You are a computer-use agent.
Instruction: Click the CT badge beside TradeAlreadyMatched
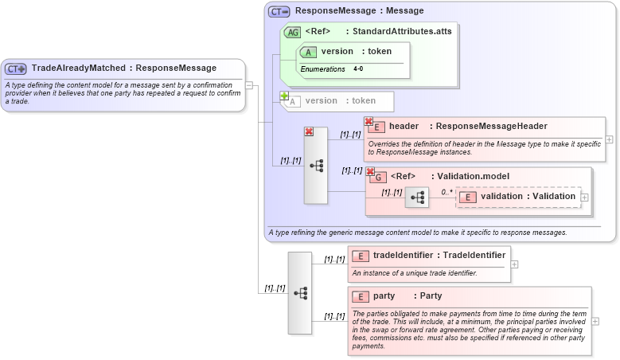(16, 68)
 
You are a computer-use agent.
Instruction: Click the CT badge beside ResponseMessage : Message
(279, 11)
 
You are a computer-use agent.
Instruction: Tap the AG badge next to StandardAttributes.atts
(292, 32)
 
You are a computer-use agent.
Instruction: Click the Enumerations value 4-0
(358, 69)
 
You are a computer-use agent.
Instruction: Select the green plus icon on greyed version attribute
(284, 96)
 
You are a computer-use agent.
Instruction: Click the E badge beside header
(376, 127)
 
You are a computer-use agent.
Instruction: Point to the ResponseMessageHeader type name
(491, 127)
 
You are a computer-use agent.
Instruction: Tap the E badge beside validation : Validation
(468, 197)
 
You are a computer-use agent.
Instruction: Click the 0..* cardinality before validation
(448, 192)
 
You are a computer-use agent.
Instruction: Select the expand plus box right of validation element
(585, 197)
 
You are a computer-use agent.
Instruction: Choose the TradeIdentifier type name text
(474, 256)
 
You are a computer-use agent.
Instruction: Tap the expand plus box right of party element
(596, 321)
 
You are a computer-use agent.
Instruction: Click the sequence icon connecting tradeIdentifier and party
(300, 292)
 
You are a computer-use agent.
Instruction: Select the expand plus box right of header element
(609, 139)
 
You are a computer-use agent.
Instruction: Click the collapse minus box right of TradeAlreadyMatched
(249, 85)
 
